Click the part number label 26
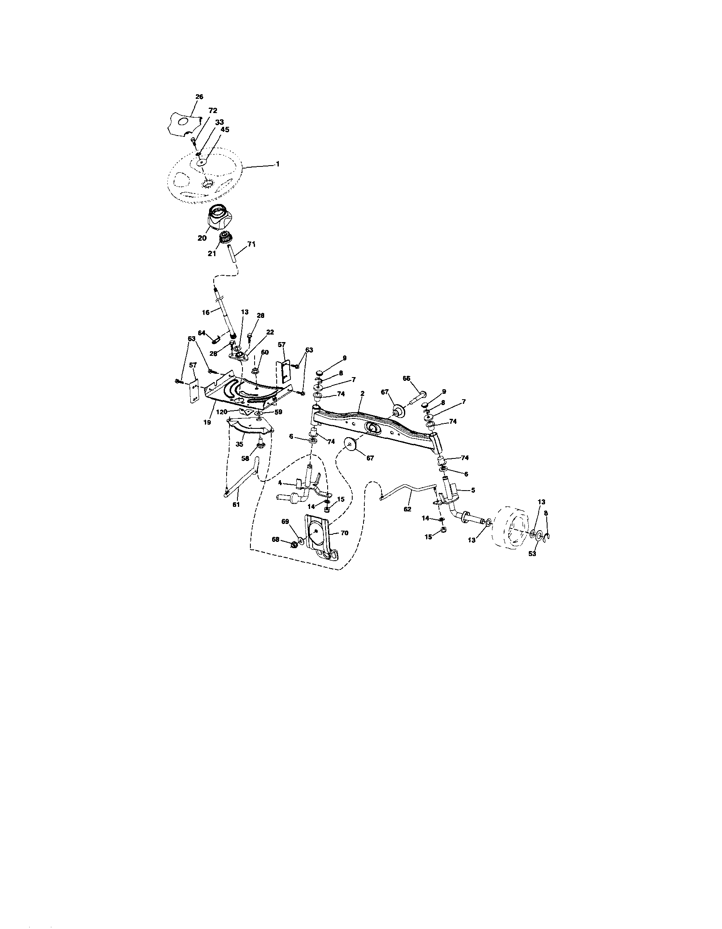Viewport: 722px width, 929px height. click(199, 96)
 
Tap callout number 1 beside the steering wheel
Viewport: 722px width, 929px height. click(278, 164)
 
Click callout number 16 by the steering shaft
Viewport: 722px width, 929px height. click(206, 312)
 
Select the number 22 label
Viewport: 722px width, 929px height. click(270, 332)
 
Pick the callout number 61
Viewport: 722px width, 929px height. click(236, 504)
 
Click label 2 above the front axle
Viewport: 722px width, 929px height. click(362, 393)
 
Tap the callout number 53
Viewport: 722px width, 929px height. click(532, 554)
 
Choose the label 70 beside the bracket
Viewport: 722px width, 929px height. click(344, 533)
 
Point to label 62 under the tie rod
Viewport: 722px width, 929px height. click(408, 509)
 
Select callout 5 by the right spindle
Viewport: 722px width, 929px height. click(473, 490)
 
